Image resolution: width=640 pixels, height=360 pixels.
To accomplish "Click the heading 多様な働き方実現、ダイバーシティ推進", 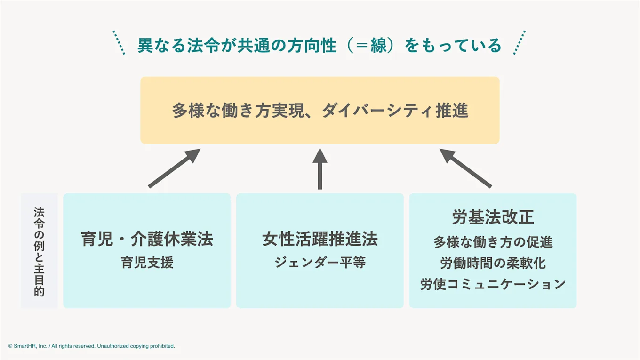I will [320, 111].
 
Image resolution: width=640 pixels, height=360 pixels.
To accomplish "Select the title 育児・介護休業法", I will [147, 239].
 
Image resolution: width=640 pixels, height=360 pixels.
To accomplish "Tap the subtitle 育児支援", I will [147, 262].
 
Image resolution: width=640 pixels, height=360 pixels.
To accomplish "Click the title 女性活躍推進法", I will [320, 239].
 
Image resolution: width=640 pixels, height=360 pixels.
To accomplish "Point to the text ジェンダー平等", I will [320, 262].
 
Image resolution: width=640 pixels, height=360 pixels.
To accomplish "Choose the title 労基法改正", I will [493, 217].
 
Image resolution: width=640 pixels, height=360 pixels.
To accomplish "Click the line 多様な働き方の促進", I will [493, 242].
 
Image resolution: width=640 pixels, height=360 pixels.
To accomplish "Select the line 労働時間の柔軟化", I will [493, 263].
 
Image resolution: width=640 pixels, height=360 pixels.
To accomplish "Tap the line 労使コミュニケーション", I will [493, 284].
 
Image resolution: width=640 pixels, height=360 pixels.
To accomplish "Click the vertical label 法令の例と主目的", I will [39, 251].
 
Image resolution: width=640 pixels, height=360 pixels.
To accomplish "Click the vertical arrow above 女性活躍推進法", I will [320, 168].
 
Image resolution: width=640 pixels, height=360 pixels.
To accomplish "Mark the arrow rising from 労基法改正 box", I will [465, 168].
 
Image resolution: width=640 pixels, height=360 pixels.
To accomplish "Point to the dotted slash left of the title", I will [119, 43].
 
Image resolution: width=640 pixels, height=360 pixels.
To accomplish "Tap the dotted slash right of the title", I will [519, 43].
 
